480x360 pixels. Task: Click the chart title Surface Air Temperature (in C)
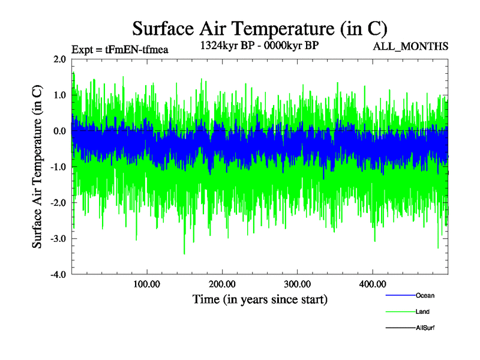260,28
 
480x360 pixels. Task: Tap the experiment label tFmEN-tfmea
119,49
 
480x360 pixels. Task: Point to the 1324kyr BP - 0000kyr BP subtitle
258,44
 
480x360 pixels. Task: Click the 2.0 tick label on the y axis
59,59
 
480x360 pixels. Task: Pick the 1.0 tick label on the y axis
59,95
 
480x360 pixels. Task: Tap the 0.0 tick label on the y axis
59,131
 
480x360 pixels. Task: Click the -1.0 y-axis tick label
58,167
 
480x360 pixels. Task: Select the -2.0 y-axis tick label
58,203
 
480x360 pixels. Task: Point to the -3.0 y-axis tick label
58,239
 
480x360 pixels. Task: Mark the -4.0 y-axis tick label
58,275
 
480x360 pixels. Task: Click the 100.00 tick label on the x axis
146,284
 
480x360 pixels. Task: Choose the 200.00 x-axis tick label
222,284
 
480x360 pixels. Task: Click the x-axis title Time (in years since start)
260,298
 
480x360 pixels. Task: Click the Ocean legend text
425,295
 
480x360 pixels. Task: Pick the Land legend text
422,311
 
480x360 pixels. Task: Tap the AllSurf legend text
424,328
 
